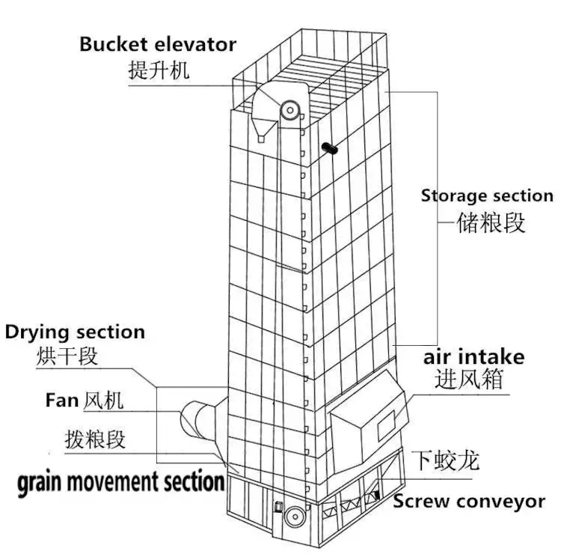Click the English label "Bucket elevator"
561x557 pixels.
158,44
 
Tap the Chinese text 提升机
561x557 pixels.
159,70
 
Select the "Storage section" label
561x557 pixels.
487,196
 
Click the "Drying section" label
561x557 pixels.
75,332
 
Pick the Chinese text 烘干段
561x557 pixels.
67,355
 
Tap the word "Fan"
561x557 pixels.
61,401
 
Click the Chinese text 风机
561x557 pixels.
103,401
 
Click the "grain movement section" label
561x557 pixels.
121,481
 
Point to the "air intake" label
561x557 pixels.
473,356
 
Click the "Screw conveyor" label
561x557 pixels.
469,502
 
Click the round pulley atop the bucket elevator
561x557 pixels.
289,111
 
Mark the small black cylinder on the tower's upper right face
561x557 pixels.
329,149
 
